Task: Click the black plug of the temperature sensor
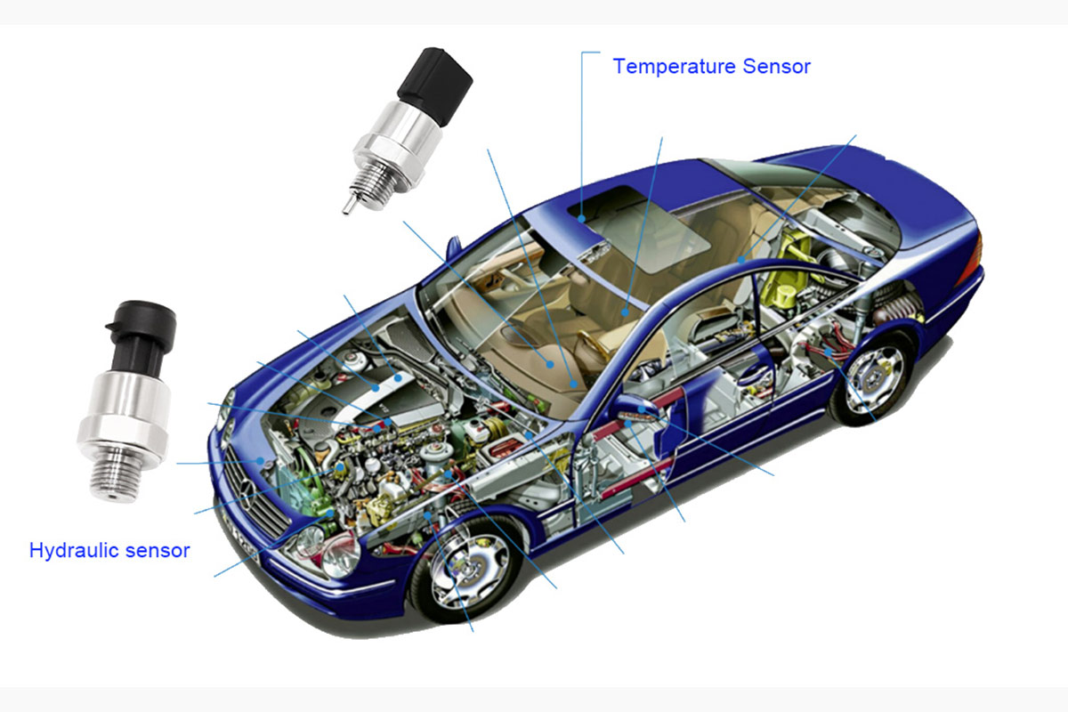click(x=434, y=85)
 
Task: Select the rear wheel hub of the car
click(x=875, y=377)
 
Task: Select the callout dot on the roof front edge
click(x=582, y=219)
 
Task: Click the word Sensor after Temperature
click(x=776, y=66)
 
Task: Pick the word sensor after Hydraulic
click(x=158, y=551)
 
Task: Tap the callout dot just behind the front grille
click(x=260, y=461)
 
